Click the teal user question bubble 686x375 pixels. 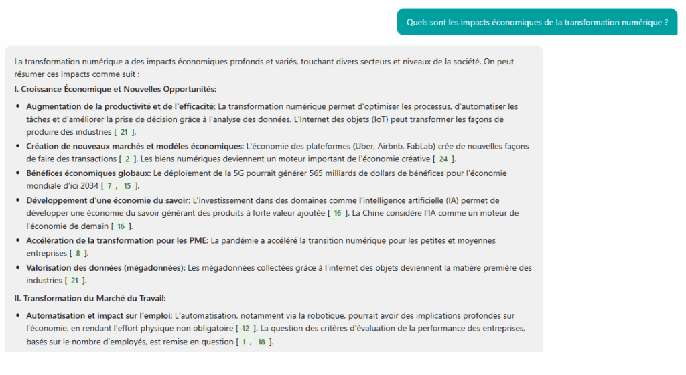[537, 22]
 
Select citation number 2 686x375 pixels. [127, 159]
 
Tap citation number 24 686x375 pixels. [443, 159]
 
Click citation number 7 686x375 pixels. [109, 185]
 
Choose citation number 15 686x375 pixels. [127, 185]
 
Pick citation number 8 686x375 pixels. [78, 253]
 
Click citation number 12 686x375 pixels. [246, 328]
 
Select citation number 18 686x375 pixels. [261, 342]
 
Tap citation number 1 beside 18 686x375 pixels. [244, 342]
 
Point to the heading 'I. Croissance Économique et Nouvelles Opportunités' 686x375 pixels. [115, 88]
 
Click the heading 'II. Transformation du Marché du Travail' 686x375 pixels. [90, 298]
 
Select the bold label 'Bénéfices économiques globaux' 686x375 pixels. [88, 173]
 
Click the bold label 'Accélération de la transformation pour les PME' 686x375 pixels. [117, 240]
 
